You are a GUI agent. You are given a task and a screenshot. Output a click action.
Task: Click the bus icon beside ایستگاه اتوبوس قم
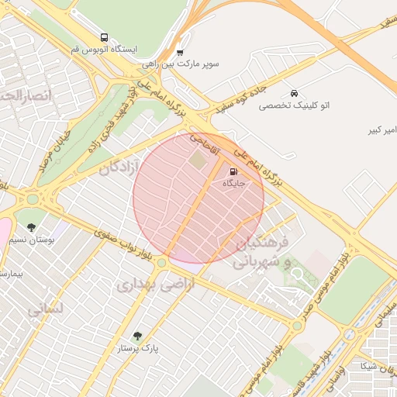pyautogui.click(x=104, y=37)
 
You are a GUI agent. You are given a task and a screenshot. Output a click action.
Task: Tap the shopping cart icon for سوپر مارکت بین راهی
pyautogui.click(x=180, y=53)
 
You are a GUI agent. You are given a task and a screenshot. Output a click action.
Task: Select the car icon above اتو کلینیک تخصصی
pyautogui.click(x=293, y=92)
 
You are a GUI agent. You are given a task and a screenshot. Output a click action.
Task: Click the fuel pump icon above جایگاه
pyautogui.click(x=233, y=171)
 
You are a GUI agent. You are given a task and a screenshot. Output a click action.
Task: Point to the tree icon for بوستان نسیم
pyautogui.click(x=31, y=227)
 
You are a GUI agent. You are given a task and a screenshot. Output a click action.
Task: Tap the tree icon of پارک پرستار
pyautogui.click(x=137, y=336)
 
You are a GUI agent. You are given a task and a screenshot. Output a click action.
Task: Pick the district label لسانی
pyautogui.click(x=44, y=309)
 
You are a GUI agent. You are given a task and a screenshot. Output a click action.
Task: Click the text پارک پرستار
pyautogui.click(x=143, y=349)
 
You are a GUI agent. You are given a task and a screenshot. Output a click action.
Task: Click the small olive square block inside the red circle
pyautogui.click(x=198, y=161)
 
